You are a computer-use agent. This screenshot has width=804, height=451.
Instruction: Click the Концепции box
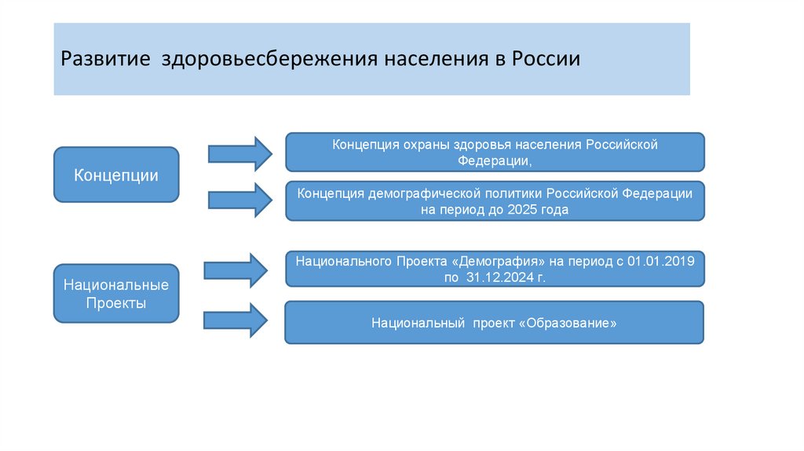click(116, 174)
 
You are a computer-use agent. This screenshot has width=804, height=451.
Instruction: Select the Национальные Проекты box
click(116, 292)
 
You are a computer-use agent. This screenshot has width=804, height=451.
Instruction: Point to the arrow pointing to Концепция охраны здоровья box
click(239, 151)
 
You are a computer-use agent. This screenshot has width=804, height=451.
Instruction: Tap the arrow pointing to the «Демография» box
click(236, 269)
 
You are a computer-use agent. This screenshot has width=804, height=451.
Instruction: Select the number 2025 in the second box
click(516, 210)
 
